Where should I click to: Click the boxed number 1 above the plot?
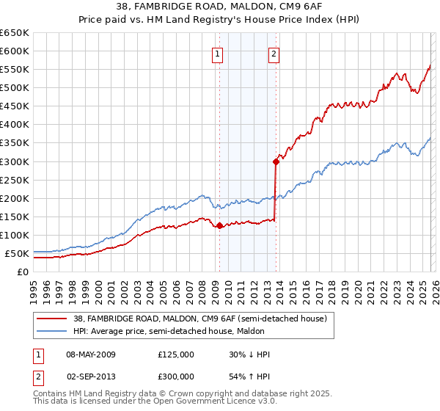coord(219,53)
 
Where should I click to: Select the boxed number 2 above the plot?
coord(274,53)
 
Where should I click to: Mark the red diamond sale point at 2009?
coord(219,225)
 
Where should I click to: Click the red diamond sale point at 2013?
coord(276,161)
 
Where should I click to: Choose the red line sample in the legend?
coord(52,319)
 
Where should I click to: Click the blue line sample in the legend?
coord(52,331)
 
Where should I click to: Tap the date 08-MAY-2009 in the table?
coord(91,354)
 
